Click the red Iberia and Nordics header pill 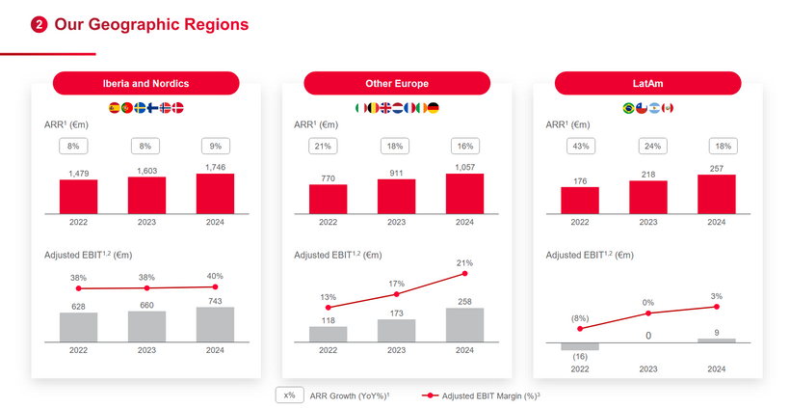point(145,84)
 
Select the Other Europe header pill point(397,84)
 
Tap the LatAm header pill point(647,84)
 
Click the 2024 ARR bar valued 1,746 point(215,194)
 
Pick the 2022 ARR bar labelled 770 point(328,199)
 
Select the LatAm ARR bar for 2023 point(647,197)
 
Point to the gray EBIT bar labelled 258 point(464,325)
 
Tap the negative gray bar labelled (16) point(579,346)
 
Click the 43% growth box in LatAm point(579,146)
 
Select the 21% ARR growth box point(328,146)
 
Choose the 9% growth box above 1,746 point(215,146)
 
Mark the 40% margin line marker point(215,286)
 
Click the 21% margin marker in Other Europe point(464,273)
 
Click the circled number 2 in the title point(39,25)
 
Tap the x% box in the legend point(288,394)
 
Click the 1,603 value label point(146,170)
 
